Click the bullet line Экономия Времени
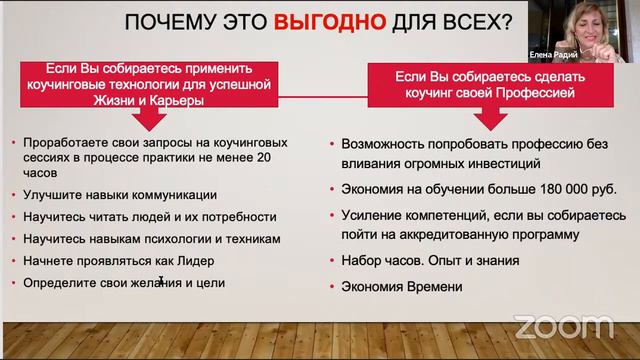(402, 287)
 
